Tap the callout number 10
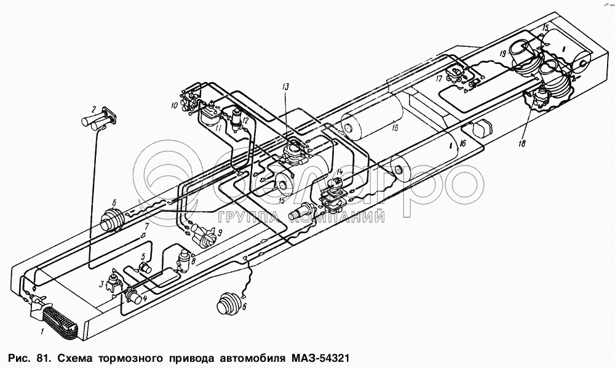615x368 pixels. click(174, 105)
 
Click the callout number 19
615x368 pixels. click(502, 54)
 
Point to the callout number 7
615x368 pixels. click(146, 226)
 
